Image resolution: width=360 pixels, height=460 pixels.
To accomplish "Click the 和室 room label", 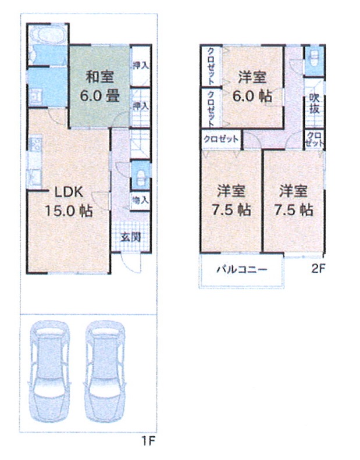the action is (99, 77).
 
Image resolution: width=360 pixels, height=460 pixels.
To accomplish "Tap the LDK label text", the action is (69, 192).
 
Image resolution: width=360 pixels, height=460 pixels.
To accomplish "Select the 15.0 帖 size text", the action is (69, 211).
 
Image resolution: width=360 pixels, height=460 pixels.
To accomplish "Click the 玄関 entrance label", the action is (131, 237).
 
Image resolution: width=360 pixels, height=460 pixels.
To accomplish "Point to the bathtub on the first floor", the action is (48, 35).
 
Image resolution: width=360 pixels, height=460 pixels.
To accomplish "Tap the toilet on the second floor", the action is (314, 59).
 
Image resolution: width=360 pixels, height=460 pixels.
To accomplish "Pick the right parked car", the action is (105, 372).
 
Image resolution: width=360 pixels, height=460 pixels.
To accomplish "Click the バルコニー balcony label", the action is (242, 269).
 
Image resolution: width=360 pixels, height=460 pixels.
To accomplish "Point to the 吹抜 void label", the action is (314, 104).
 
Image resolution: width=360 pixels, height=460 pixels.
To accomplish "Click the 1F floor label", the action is (148, 441).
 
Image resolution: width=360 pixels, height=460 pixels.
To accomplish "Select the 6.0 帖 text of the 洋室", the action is (252, 96).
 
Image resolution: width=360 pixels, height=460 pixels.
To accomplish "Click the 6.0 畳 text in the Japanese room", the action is (100, 95).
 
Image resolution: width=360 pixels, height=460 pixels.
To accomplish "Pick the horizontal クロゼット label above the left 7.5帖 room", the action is (221, 139).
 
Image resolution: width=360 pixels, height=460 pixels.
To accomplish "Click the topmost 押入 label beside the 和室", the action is (141, 65).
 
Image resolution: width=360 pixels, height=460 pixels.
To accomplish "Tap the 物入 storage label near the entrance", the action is (141, 201).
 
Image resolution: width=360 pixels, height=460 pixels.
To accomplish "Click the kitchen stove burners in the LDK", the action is (35, 144).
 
